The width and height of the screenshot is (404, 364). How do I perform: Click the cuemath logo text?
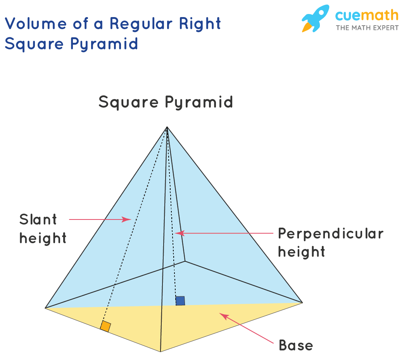(366, 16)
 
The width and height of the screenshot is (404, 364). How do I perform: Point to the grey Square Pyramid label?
(166, 102)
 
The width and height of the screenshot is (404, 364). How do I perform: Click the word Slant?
(38, 219)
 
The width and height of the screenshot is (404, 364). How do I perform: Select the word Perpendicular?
(331, 233)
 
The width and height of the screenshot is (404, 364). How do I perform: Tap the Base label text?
(296, 345)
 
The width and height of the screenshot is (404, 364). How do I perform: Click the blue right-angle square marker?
(180, 301)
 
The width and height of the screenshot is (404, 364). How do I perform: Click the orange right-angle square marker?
(105, 326)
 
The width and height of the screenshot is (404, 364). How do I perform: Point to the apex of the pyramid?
(167, 128)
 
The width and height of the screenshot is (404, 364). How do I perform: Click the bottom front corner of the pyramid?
(161, 352)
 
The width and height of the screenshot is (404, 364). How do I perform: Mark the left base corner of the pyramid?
(46, 308)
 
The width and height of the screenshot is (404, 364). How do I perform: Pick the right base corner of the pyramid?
(302, 302)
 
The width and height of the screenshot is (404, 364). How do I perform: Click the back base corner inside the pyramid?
(185, 261)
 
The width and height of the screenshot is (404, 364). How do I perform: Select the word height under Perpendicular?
(301, 252)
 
